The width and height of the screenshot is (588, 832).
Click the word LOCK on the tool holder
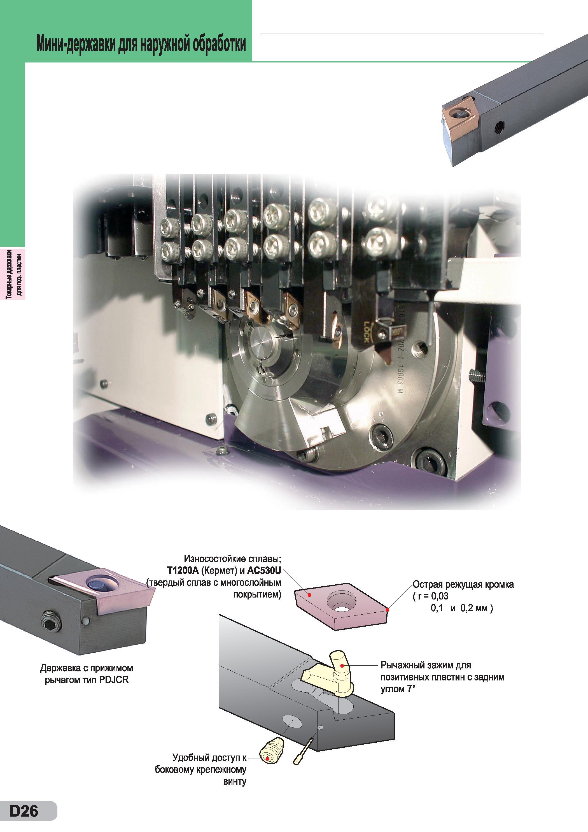[366, 332]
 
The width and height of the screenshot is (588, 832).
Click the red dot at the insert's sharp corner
[388, 610]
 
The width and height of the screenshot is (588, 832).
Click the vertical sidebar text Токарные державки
[9, 274]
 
